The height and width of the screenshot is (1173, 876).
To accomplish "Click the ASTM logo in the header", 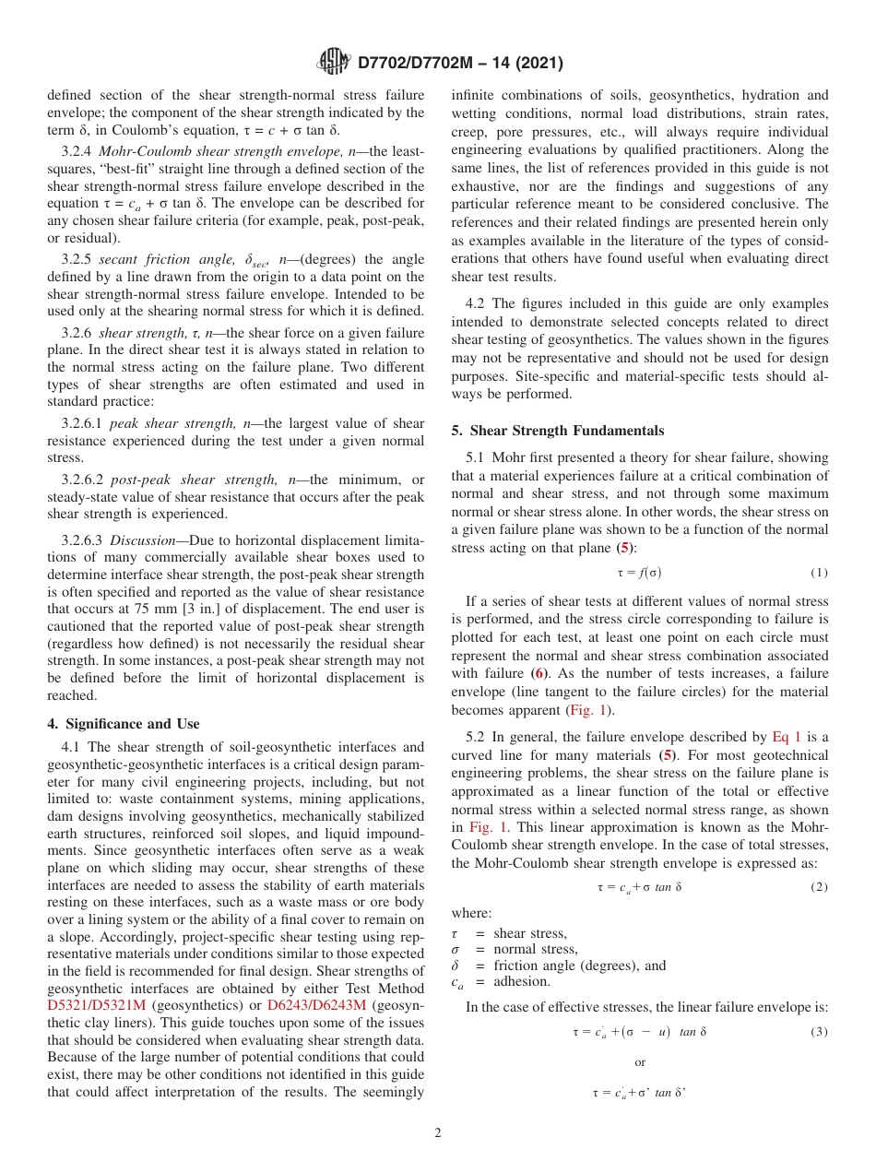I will (333, 62).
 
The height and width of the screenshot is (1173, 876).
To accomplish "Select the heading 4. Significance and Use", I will (123, 724).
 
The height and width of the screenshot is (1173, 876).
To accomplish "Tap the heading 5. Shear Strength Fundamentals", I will (557, 431).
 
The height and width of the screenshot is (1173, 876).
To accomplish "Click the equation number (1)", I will (819, 573).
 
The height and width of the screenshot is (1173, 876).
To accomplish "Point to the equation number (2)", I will (819, 887).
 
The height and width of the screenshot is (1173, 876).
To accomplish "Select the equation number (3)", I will (819, 1031).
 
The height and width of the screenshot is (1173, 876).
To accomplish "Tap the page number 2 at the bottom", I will (438, 1133).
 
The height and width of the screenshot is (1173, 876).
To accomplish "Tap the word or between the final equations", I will (640, 1062).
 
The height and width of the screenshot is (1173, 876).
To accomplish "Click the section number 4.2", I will (476, 303).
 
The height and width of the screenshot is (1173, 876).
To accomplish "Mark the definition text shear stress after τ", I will (530, 934).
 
